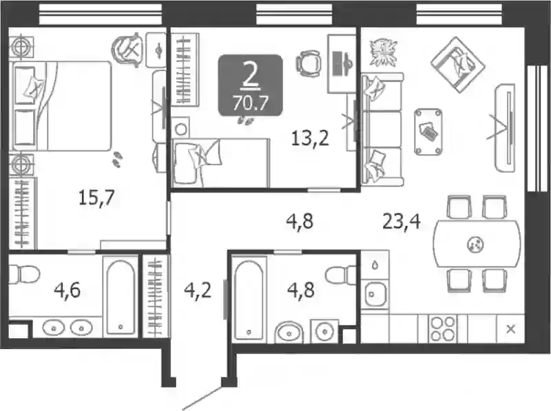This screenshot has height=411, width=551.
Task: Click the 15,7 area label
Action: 96,198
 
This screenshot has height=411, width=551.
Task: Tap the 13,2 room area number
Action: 310,138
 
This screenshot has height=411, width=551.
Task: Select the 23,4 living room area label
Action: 402,222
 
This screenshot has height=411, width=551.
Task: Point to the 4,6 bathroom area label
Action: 67,291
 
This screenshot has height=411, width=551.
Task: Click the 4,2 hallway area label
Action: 198,291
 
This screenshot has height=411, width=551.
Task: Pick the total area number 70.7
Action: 250,104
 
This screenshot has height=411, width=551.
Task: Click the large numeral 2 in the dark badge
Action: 250,76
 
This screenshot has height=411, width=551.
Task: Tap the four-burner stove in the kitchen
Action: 443,329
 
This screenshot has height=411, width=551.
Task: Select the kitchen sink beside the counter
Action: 375,294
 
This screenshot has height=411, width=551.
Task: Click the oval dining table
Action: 477,244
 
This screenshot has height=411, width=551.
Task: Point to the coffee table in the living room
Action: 428,131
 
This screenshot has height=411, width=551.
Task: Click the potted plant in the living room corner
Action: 383,52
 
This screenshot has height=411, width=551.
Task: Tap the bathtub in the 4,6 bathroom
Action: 121,297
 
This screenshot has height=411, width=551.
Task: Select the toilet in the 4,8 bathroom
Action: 341,274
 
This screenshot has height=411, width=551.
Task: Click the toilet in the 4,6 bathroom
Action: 23,274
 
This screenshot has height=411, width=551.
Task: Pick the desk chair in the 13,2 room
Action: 308,63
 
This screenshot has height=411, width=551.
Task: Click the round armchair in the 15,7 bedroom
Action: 128,50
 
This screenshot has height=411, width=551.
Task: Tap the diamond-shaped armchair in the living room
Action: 457,65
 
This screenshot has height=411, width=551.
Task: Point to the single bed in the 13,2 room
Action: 220,162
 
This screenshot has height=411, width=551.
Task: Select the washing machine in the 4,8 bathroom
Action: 324,331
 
